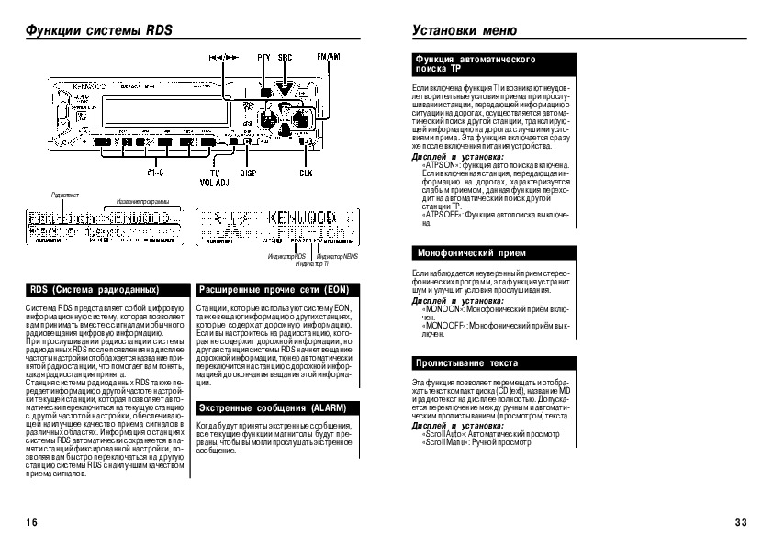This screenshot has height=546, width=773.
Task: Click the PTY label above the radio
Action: click(264, 57)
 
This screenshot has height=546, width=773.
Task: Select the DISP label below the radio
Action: click(248, 172)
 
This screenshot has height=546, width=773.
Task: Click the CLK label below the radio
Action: click(305, 172)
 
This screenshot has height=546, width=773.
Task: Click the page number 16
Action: click(32, 522)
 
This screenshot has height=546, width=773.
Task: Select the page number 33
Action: click(742, 522)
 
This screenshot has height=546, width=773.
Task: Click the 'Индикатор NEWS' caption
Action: click(334, 257)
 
